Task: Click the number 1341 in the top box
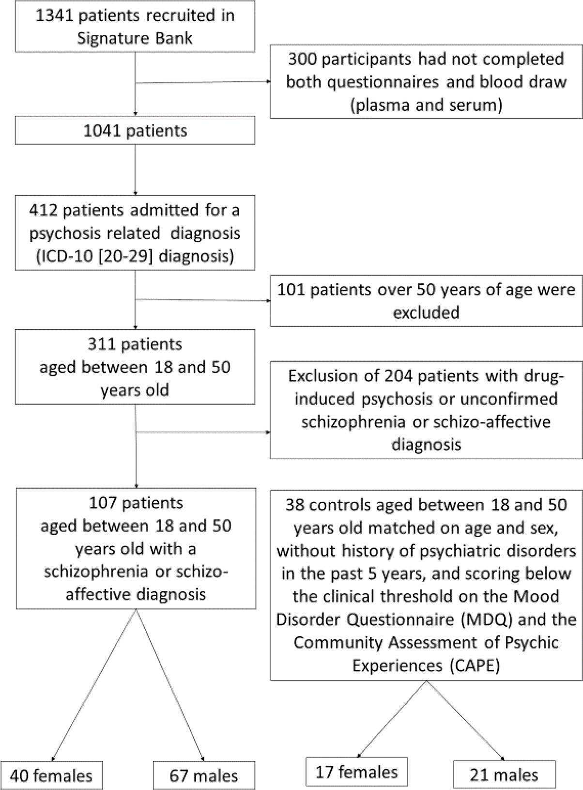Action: pos(55,16)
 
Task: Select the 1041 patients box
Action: pos(135,131)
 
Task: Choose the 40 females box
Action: pos(51,775)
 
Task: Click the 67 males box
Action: pos(204,775)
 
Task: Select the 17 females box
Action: pos(356,771)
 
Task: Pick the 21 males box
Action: pos(504,775)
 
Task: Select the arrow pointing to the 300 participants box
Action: pos(202,82)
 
